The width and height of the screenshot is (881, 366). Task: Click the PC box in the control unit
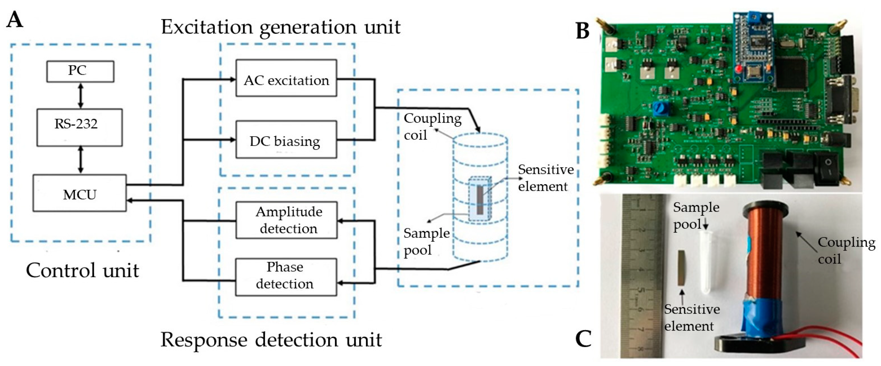coord(80,71)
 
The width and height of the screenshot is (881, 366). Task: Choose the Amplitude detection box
coord(286,220)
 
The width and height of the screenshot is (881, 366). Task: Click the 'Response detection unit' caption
coord(271,340)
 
